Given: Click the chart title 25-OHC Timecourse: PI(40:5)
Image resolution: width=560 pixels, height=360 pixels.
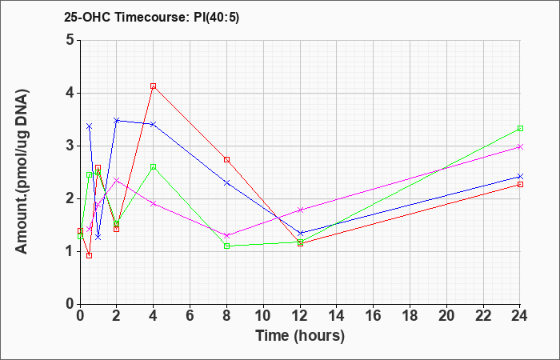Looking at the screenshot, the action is click(x=151, y=17).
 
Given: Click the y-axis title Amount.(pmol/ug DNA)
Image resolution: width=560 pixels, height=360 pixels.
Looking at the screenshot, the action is click(x=22, y=172).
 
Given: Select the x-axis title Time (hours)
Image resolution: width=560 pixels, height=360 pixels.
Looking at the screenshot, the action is click(x=300, y=336).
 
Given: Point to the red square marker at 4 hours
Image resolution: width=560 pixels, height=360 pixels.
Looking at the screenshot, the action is click(x=154, y=86).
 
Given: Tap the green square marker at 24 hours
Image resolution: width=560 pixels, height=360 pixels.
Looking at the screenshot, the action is click(x=520, y=128).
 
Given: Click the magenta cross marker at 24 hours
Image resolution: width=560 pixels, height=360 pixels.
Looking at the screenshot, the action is click(x=520, y=146).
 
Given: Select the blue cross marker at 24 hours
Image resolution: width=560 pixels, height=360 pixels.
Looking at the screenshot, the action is click(x=520, y=177).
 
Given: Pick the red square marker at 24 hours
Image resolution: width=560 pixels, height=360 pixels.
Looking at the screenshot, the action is click(x=520, y=184).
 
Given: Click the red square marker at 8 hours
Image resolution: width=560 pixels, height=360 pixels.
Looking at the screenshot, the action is click(x=226, y=160).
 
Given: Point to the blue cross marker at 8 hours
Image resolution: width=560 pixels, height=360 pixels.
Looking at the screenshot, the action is click(x=226, y=183).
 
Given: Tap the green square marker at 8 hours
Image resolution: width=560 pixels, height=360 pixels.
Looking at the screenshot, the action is click(x=226, y=246).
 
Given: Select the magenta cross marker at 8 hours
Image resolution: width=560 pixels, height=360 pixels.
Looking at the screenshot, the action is click(x=226, y=236).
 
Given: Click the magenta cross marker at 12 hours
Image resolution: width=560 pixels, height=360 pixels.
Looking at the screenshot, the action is click(x=300, y=210).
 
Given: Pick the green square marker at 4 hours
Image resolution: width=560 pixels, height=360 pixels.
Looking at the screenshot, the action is click(x=154, y=166).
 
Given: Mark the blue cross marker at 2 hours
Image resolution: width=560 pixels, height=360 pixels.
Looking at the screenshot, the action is click(x=117, y=121).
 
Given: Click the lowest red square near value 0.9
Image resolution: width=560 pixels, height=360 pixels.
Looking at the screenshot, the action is click(x=90, y=255).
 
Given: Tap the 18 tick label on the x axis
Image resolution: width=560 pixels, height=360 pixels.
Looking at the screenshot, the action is click(x=410, y=316).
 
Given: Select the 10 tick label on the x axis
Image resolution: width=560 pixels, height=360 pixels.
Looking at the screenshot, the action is click(x=263, y=316).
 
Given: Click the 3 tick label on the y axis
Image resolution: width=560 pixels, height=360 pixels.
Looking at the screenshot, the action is click(x=70, y=146).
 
